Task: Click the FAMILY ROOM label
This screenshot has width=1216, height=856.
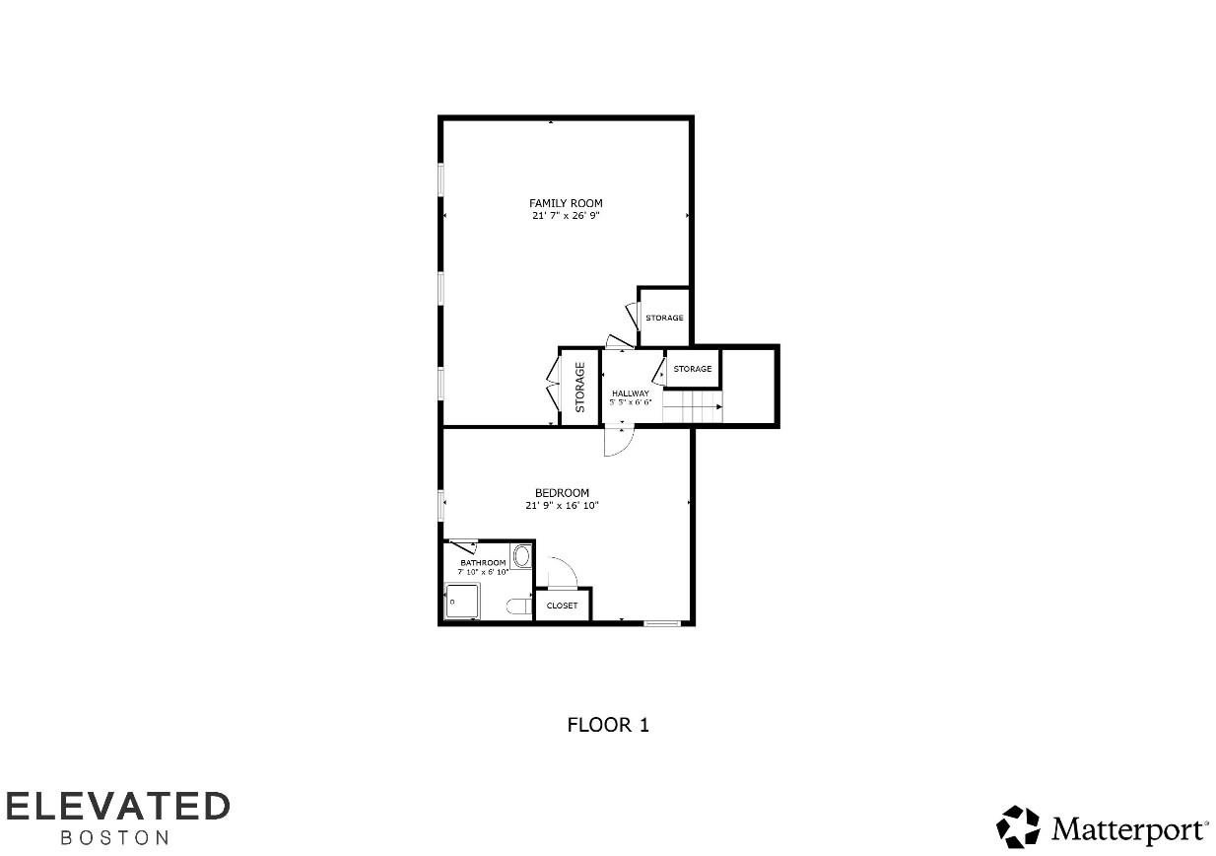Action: pyautogui.click(x=565, y=203)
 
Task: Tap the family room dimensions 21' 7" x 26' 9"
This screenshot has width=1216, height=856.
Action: pyautogui.click(x=565, y=215)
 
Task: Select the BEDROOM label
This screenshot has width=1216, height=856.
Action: pyautogui.click(x=562, y=493)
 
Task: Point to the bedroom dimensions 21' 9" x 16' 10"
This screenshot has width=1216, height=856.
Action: pyautogui.click(x=562, y=505)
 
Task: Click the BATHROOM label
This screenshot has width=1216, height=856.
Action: pyautogui.click(x=483, y=563)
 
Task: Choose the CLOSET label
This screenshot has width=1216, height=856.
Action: pyautogui.click(x=562, y=606)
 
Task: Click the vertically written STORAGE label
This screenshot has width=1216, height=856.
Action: pyautogui.click(x=579, y=387)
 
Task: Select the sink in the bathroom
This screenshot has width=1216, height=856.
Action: pyautogui.click(x=521, y=555)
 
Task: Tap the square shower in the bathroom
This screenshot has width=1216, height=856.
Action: pyautogui.click(x=462, y=601)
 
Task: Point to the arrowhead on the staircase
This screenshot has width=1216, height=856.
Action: pyautogui.click(x=718, y=406)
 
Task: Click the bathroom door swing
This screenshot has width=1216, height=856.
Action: pyautogui.click(x=461, y=544)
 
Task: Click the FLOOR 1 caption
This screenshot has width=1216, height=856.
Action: pyautogui.click(x=608, y=725)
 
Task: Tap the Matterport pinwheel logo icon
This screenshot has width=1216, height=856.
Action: pyautogui.click(x=1018, y=826)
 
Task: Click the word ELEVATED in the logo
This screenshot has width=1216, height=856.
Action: pyautogui.click(x=118, y=806)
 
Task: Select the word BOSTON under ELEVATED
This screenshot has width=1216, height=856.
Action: pyautogui.click(x=115, y=838)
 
